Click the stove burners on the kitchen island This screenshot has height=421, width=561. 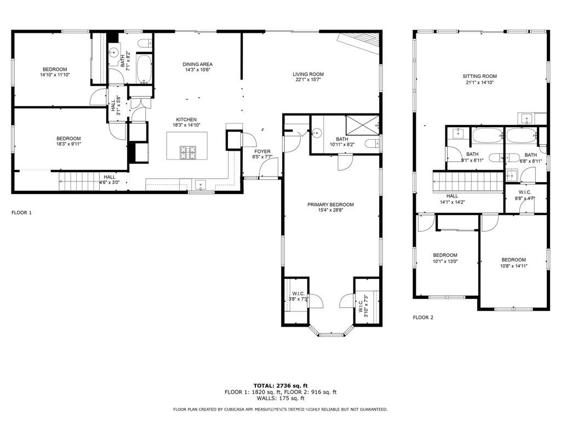coord(188,153)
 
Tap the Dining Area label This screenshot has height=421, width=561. coord(197,65)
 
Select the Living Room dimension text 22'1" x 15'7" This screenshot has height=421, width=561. coord(308,80)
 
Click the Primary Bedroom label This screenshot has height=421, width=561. coord(330,205)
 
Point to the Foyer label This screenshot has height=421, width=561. coord(262,151)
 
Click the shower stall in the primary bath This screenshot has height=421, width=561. coord(362,125)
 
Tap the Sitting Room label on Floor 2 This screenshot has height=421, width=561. coord(479,76)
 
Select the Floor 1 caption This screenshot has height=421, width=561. coord(21,213)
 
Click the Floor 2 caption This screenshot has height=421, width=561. coord(423,317)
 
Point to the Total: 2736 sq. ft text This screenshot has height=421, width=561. coord(280,385)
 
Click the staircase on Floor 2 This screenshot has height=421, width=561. coord(468,181)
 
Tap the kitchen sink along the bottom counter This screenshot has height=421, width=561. coord(201,185)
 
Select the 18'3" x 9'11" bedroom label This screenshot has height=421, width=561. coord(68,141)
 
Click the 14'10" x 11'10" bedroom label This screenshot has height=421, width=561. coord(55,72)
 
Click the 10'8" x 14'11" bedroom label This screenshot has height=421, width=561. coord(514,263)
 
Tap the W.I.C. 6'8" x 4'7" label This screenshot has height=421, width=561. coord(525,195)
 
